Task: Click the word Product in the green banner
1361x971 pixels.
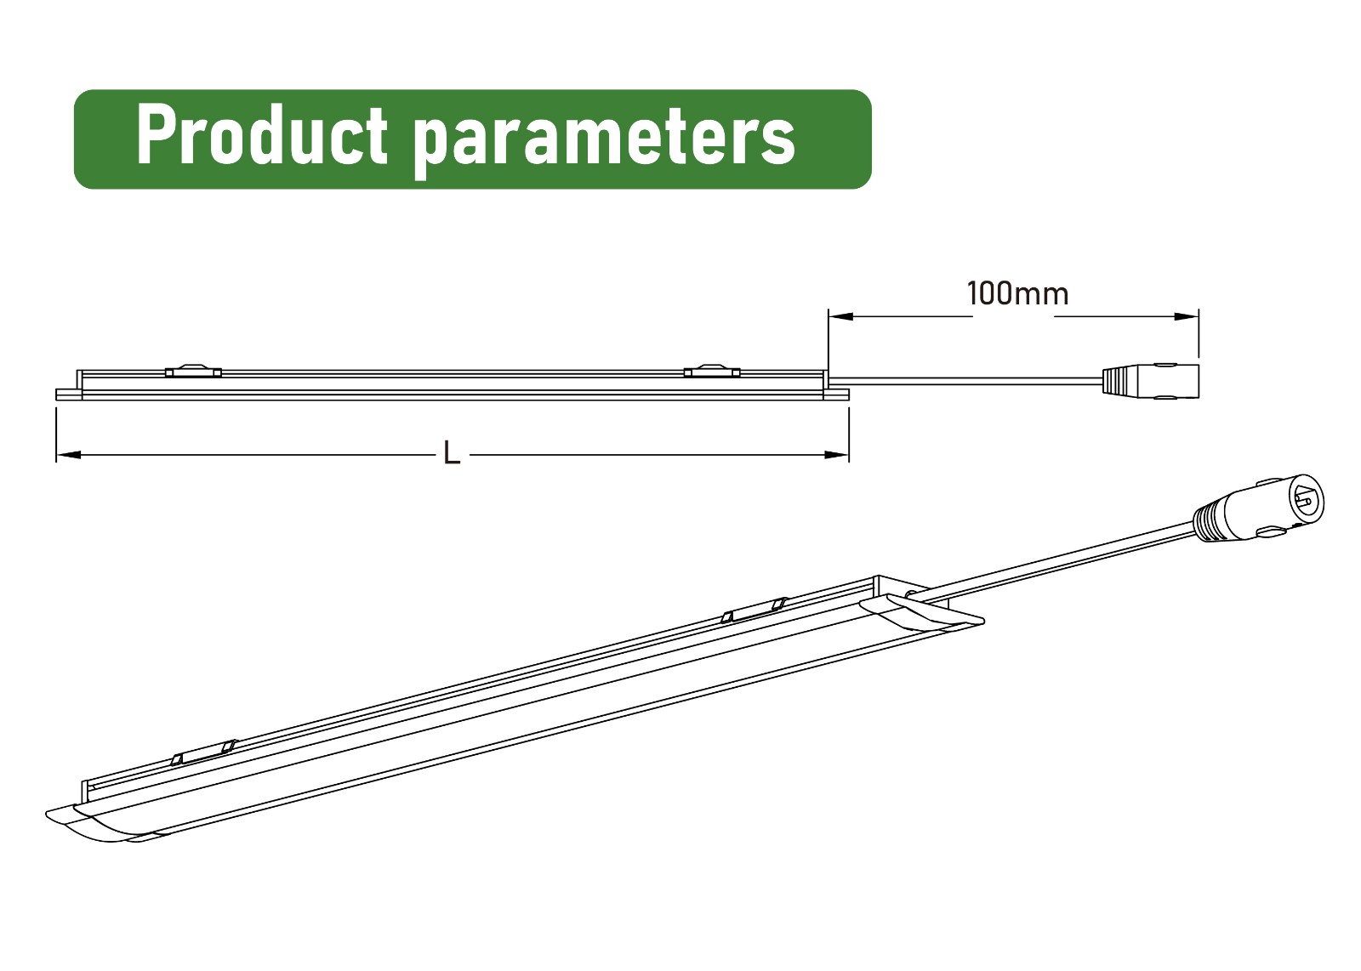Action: click(x=262, y=134)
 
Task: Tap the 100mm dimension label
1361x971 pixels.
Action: click(x=1017, y=294)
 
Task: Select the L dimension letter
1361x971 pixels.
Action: click(x=452, y=453)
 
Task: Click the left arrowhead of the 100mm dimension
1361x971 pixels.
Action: click(x=841, y=316)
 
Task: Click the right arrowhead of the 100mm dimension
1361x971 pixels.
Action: click(x=1186, y=316)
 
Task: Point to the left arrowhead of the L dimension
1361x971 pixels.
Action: click(x=69, y=454)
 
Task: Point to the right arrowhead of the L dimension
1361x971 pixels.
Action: click(x=836, y=454)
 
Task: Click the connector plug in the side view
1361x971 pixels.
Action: click(x=1151, y=382)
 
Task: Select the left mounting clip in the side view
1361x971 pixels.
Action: click(x=193, y=371)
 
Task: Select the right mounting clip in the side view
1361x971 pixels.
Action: click(x=712, y=371)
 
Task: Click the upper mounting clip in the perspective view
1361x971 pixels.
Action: click(x=754, y=610)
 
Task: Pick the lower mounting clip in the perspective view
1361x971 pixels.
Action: click(x=203, y=752)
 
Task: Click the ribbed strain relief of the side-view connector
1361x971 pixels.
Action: click(x=1115, y=382)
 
